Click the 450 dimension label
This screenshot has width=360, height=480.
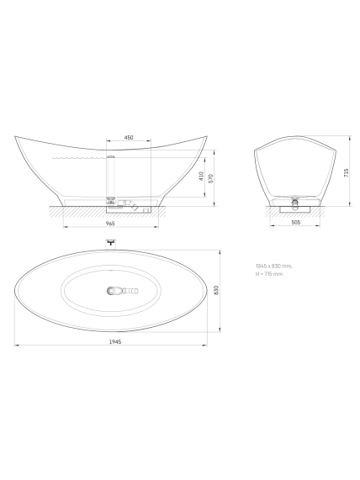(x=129, y=138)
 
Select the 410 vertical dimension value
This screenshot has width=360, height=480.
(x=201, y=176)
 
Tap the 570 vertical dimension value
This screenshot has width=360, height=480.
(x=210, y=178)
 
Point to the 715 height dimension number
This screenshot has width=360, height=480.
(x=347, y=172)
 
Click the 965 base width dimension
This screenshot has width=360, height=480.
(x=110, y=224)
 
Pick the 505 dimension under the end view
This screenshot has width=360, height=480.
(x=295, y=223)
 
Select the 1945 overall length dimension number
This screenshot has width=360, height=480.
(x=115, y=341)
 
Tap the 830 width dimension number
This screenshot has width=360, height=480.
(x=216, y=290)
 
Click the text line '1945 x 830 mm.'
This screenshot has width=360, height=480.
(x=274, y=266)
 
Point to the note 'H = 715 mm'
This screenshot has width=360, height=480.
(x=269, y=274)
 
